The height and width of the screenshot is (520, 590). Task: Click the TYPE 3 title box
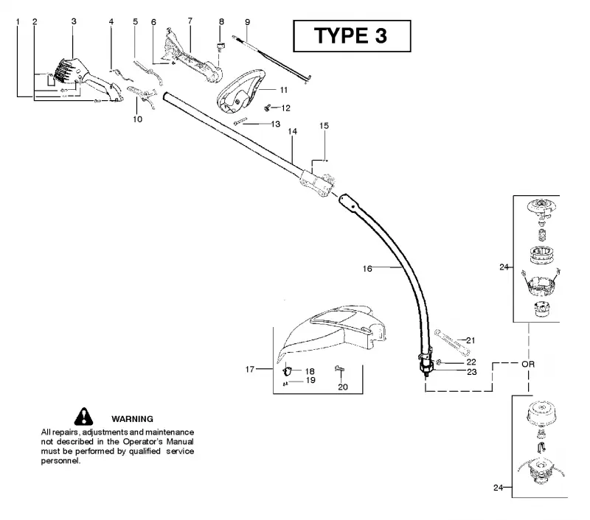tap(352, 36)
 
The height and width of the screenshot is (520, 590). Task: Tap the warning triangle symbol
tap(83, 416)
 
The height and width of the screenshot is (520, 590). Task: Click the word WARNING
tap(133, 419)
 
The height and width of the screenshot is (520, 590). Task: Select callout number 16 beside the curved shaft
tap(367, 269)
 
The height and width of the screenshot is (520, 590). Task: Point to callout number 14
tap(292, 132)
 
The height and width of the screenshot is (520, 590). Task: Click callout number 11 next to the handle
tap(284, 90)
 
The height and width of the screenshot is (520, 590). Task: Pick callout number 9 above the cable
tap(247, 22)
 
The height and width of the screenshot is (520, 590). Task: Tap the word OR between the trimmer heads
tap(528, 364)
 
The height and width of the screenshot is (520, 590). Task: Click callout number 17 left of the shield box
tap(250, 369)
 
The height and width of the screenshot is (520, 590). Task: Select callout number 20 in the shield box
tap(343, 387)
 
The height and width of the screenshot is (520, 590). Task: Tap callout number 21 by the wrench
tap(471, 340)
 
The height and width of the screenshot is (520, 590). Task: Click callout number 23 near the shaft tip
tap(472, 372)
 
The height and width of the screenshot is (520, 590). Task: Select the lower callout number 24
tap(499, 488)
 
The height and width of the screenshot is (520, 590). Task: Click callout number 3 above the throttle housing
tap(74, 21)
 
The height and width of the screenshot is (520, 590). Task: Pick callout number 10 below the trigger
tap(138, 119)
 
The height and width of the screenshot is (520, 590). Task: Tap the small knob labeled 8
tap(220, 46)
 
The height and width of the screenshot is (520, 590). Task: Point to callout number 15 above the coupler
tap(324, 126)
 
